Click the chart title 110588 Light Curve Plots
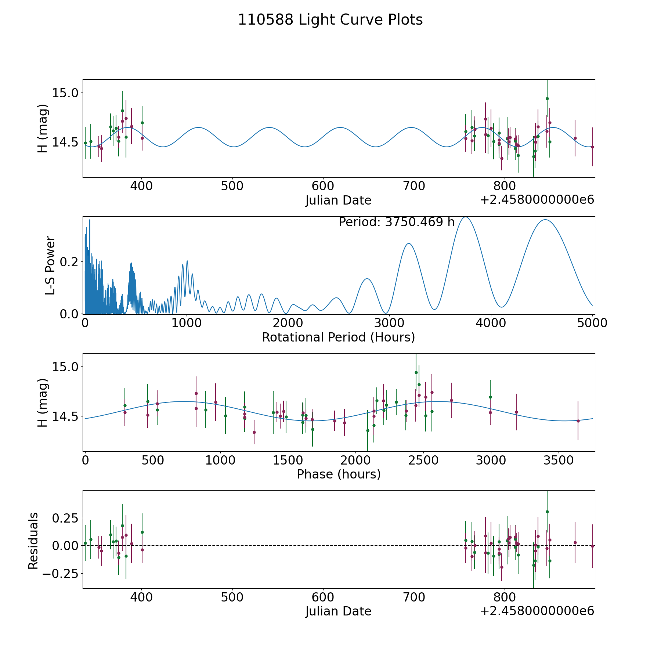coord(330,20)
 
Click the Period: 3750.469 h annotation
coord(397,222)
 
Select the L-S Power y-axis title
coord(50,265)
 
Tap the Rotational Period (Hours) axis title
coord(338,337)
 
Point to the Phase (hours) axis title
coord(339,474)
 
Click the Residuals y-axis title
coord(33,541)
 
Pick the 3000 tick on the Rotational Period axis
coord(389,323)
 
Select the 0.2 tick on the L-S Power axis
coord(69,262)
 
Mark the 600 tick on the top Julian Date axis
coord(323,186)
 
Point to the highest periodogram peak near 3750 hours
coord(466,217)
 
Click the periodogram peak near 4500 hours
coord(545,220)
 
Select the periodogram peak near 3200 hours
coord(408,243)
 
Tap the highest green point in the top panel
coord(547,98)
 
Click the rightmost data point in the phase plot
coord(578,421)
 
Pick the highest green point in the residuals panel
coord(547,512)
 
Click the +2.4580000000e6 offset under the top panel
coord(537,200)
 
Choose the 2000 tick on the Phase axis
coord(355,460)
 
